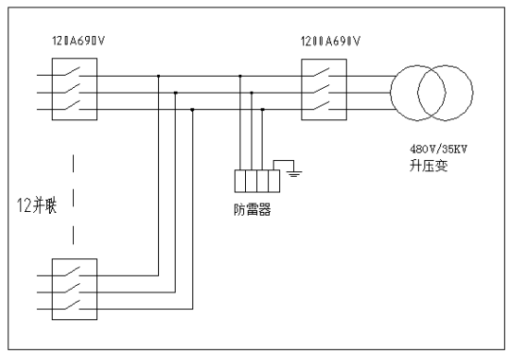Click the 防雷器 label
pyautogui.click(x=252, y=210)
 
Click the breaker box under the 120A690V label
pyautogui.click(x=73, y=92)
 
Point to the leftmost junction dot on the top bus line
pyautogui.click(x=159, y=76)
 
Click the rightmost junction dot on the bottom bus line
pyautogui.click(x=263, y=109)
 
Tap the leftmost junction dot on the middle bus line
pyautogui.click(x=176, y=93)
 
